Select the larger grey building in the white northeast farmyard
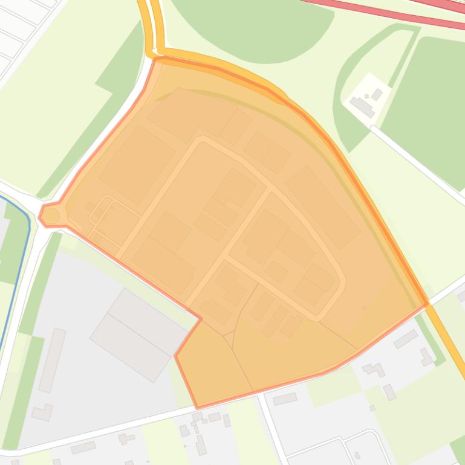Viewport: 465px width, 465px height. coord(362,107)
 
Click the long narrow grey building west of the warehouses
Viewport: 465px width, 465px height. coord(52,360)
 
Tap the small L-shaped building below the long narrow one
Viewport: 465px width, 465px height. coord(43,412)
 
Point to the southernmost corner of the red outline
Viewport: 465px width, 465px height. coord(197,407)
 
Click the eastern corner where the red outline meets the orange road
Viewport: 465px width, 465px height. coord(428,304)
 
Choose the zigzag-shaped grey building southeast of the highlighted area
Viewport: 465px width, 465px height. coord(375,368)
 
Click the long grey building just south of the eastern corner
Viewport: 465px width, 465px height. coord(405,339)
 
